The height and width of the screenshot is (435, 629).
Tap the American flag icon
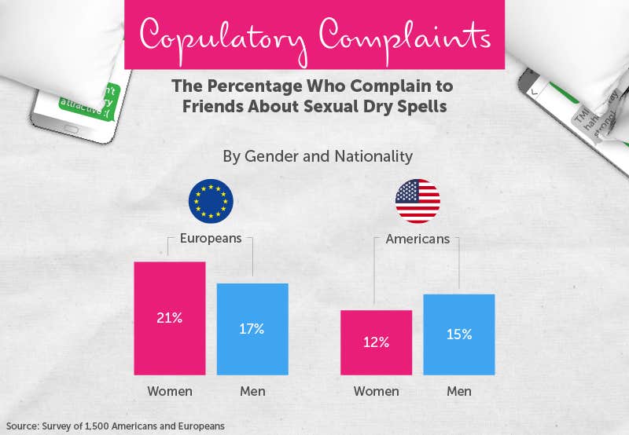417,202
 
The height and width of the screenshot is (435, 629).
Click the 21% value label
170,318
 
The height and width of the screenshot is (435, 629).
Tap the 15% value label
459,334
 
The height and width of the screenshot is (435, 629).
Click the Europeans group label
211,239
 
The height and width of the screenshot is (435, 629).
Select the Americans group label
417,239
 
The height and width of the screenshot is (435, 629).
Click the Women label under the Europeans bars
170,391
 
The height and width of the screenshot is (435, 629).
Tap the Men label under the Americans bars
459,391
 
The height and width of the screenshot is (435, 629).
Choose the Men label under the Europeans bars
252,391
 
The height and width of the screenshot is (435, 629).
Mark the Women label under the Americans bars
377,391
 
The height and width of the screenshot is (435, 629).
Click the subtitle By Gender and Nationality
318,156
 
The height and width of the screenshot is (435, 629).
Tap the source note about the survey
115,426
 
